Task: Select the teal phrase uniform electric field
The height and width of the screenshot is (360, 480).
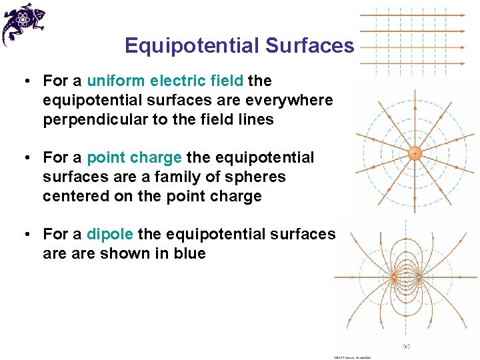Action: [x=165, y=81]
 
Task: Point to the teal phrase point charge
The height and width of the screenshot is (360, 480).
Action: [x=134, y=158]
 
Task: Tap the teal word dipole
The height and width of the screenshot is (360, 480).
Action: [x=110, y=235]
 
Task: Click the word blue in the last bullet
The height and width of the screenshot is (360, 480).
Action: [x=188, y=254]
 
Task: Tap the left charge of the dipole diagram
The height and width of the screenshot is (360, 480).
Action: [x=394, y=275]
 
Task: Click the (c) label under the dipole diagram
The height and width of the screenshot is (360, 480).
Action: [x=407, y=345]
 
